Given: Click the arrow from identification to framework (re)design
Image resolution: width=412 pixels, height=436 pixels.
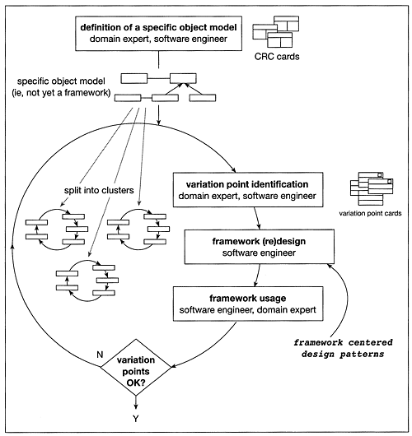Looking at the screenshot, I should [257, 217].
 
